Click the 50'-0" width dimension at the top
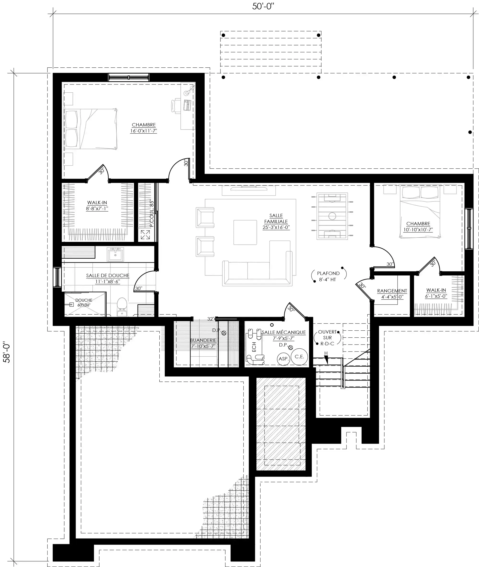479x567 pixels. tap(263, 6)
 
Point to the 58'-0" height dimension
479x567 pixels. tap(6, 353)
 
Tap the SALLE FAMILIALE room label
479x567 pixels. tap(276, 221)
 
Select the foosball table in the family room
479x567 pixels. tap(332, 216)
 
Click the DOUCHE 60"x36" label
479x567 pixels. tap(84, 302)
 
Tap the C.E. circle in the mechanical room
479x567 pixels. tap(299, 357)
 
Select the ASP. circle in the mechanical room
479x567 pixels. tap(283, 359)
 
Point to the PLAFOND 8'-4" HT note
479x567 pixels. tap(328, 276)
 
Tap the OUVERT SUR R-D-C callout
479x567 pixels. tap(327, 337)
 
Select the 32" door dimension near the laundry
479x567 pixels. tap(211, 319)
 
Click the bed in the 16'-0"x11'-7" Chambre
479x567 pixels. tap(90, 129)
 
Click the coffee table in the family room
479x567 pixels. tap(245, 232)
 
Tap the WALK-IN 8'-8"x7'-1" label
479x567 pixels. tap(97, 206)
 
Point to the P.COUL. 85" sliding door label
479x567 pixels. tap(152, 214)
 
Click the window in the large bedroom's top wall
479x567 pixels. tap(129, 77)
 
